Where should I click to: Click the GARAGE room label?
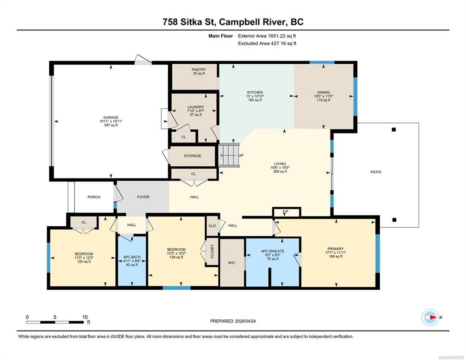pos(111,118)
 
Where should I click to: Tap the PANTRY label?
pos(199,69)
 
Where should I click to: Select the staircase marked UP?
pos(229,155)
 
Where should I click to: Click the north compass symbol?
pos(430,317)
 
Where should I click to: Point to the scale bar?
pos(55,322)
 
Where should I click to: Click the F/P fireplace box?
pos(286,212)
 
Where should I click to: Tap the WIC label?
pos(232,262)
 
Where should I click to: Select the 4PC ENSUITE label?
pos(272,251)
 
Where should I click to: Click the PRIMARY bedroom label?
pos(336,249)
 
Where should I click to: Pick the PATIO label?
pos(376,172)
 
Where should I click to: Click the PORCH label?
pos(94,197)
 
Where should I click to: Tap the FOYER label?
pos(143,197)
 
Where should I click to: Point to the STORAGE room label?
pos(193,156)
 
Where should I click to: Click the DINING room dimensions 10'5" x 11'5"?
pos(323,96)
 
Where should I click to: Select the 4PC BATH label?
pos(132,257)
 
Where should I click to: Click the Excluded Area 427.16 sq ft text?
pos(267,44)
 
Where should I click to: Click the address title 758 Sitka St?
pos(190,22)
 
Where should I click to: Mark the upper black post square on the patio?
pos(394,130)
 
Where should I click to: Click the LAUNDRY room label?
pos(195,107)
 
